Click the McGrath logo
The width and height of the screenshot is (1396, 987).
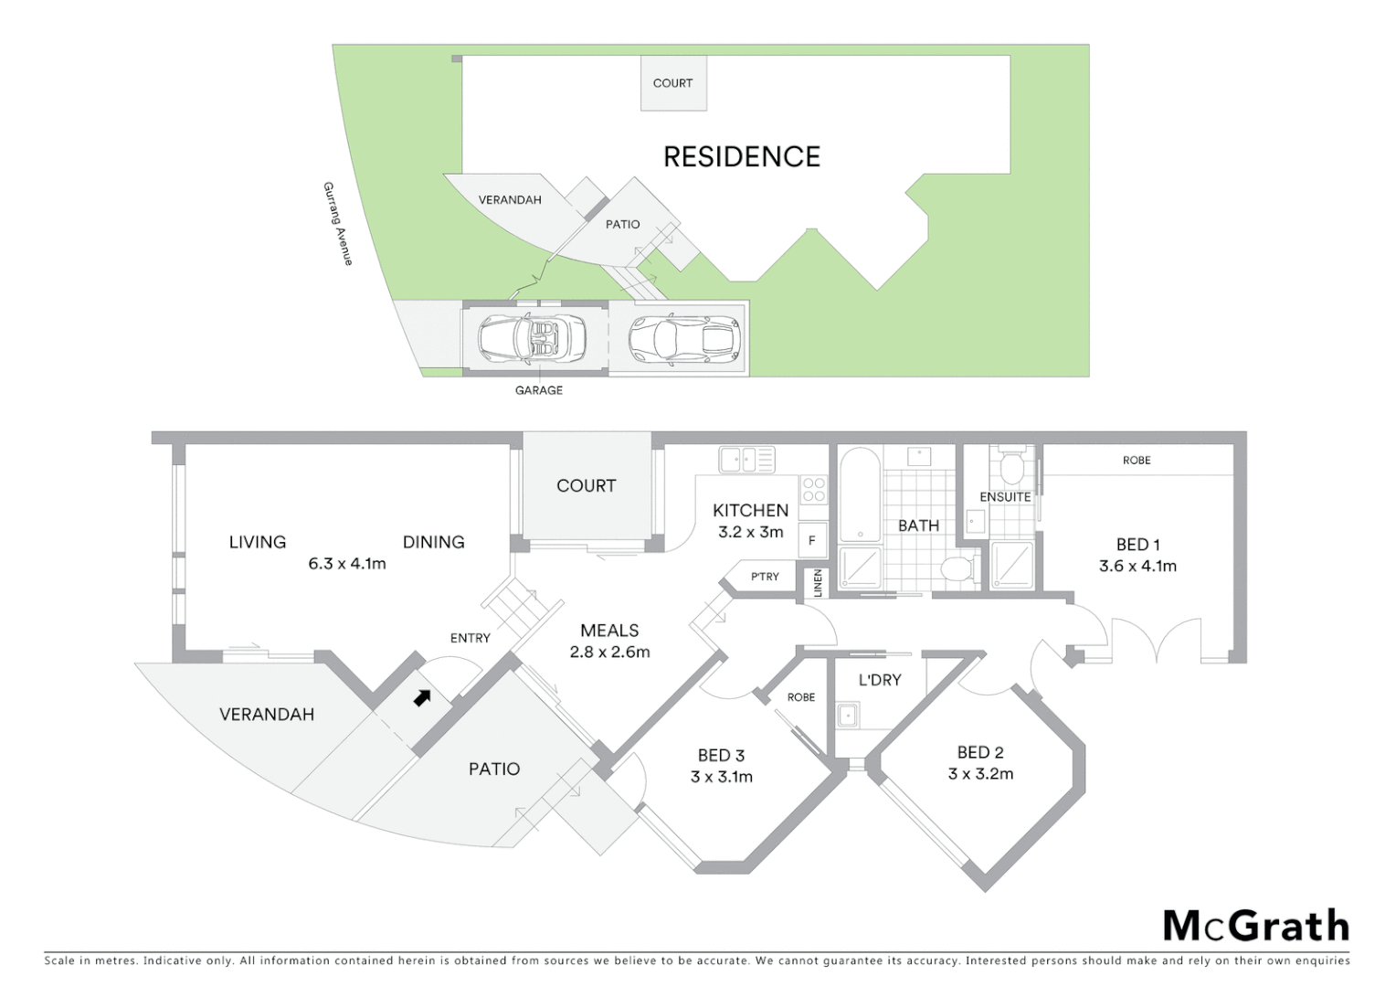[x=1256, y=926]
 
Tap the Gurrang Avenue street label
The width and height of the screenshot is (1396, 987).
[x=337, y=224]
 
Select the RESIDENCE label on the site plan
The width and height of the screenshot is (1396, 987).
[x=742, y=157]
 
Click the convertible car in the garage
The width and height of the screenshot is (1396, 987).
[x=533, y=338]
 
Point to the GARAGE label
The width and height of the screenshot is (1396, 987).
[x=539, y=390]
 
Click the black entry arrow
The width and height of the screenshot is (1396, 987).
[x=421, y=698]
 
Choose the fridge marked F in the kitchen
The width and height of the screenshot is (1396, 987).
[x=811, y=540]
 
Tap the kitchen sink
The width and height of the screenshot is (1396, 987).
[x=746, y=459]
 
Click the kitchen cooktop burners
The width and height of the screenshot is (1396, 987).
[x=813, y=489]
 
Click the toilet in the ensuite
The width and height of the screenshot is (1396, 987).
[x=1011, y=468]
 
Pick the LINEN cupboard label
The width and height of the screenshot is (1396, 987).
[x=818, y=583]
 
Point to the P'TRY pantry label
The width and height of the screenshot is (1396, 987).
[x=765, y=577]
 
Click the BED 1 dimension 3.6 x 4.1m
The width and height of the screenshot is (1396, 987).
[x=1137, y=567]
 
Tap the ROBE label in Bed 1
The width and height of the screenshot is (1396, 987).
[x=1137, y=461]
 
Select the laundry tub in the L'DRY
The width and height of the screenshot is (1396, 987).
[x=848, y=715]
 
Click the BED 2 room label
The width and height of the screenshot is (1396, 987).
[x=980, y=752]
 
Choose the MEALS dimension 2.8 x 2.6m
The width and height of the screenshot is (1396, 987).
[x=609, y=653]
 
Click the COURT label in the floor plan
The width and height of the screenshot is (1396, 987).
[x=587, y=486]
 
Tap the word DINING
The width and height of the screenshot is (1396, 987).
[x=434, y=542]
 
